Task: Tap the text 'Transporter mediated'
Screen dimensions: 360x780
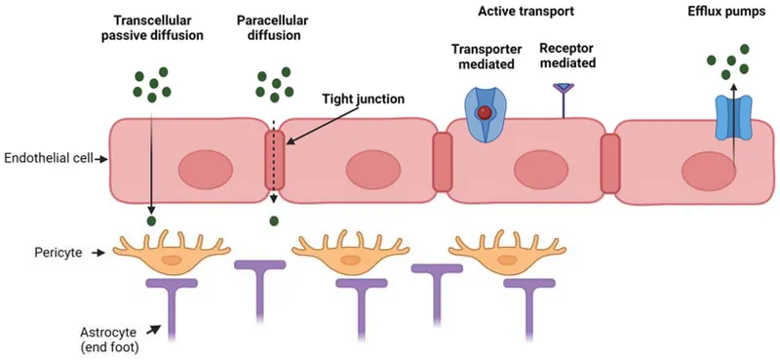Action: pos(485,56)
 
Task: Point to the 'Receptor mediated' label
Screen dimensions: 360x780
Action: pos(566,56)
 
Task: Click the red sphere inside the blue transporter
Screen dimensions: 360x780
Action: pos(485,114)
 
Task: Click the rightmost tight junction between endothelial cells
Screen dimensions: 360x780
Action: pos(610,163)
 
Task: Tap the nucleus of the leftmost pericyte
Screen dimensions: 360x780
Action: pos(172,260)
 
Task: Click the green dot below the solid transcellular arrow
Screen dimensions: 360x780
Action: pos(151,221)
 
